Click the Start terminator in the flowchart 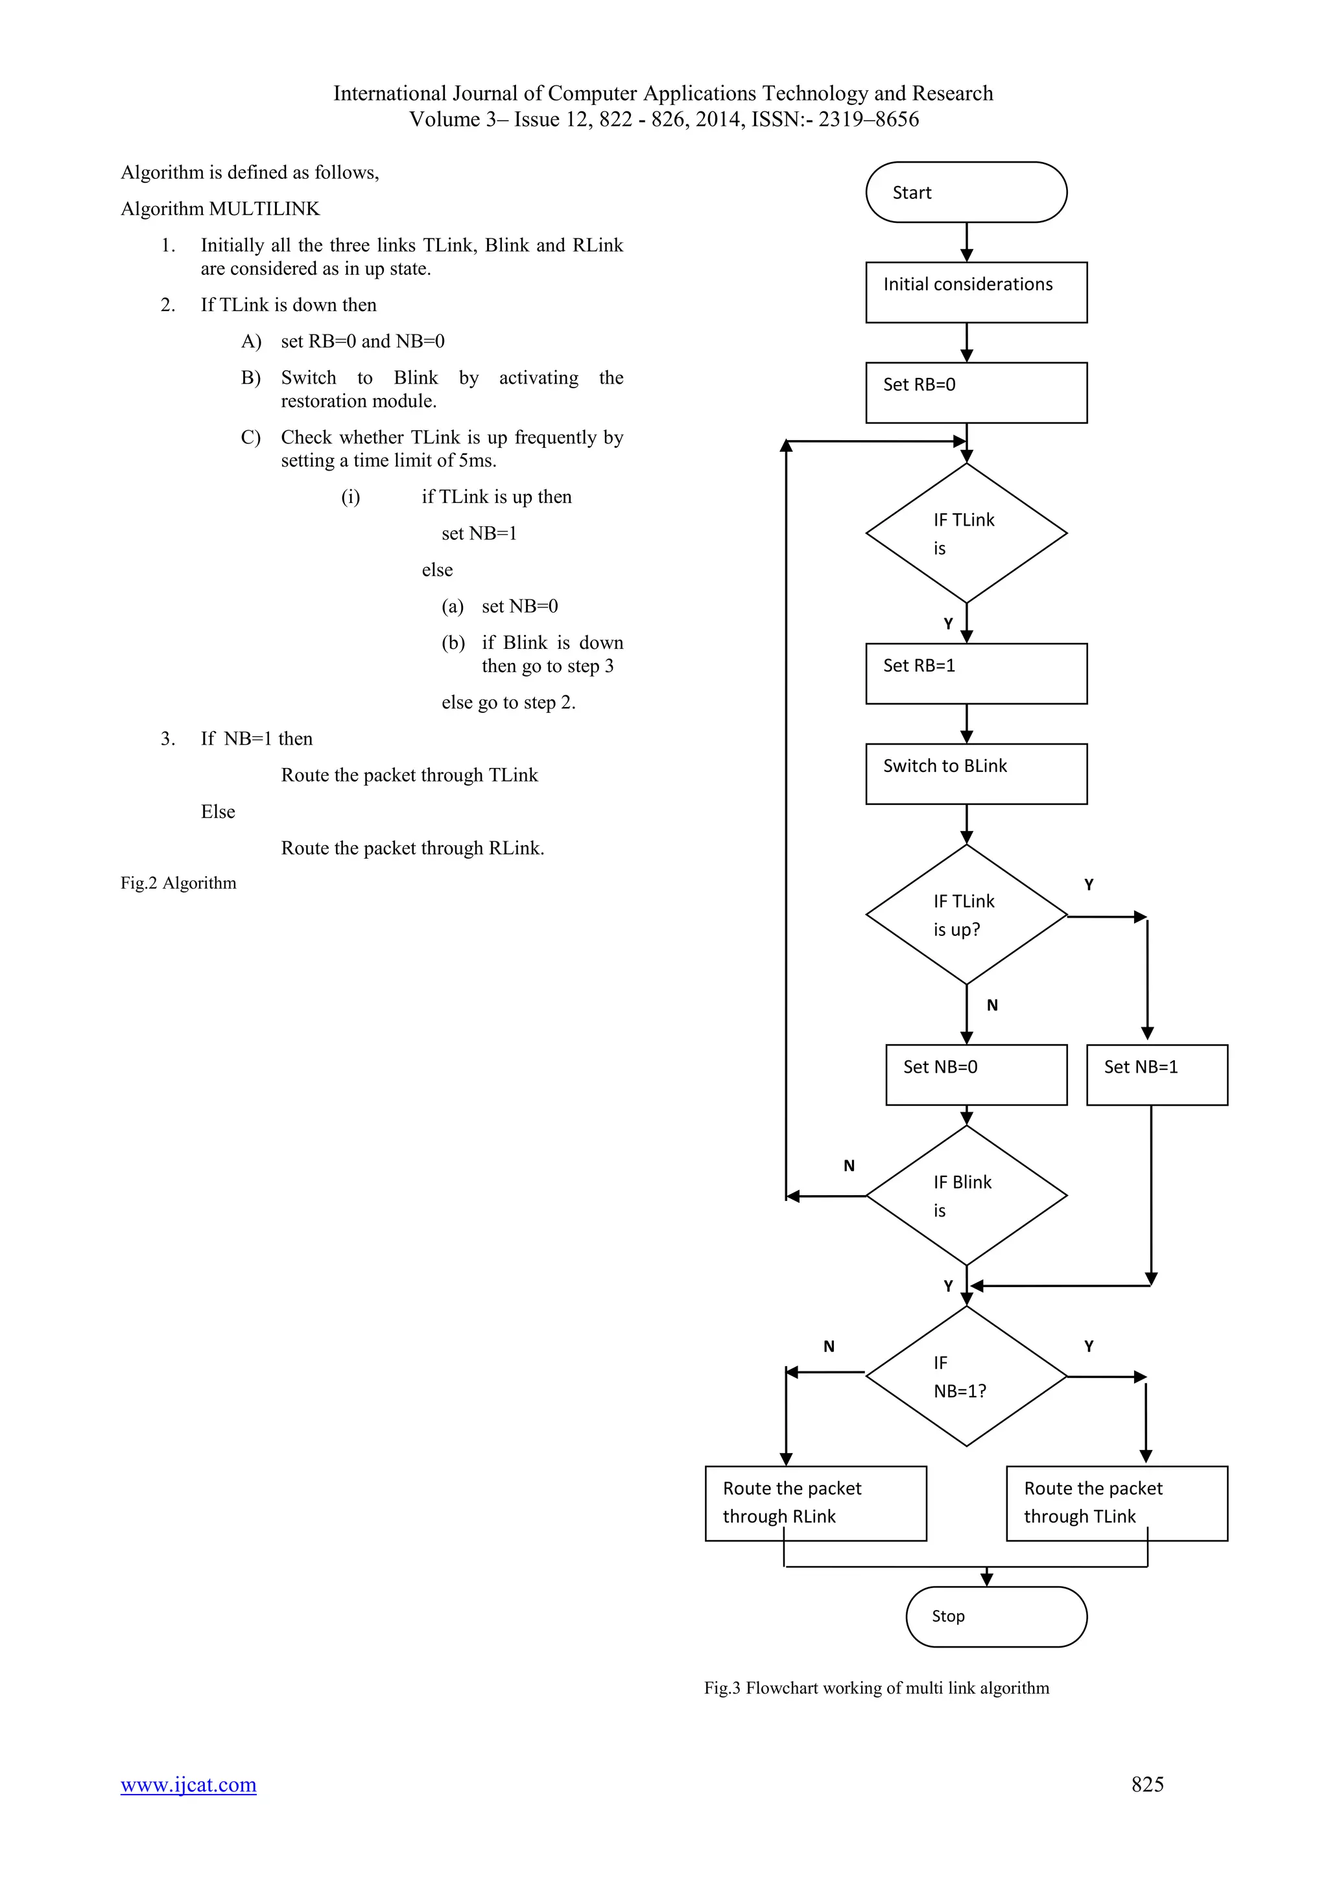[x=966, y=192]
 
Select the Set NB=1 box [x=1156, y=1074]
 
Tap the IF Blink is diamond [x=966, y=1195]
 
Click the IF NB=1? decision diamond [x=966, y=1377]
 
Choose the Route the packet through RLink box [x=815, y=1502]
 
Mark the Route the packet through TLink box [x=1116, y=1502]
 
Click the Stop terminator [x=995, y=1616]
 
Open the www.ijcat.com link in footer [x=188, y=1784]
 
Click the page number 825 [x=1146, y=1784]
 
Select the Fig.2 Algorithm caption [x=178, y=883]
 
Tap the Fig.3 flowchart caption [x=876, y=1687]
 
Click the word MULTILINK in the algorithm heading [x=264, y=209]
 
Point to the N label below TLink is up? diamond [x=992, y=1005]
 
